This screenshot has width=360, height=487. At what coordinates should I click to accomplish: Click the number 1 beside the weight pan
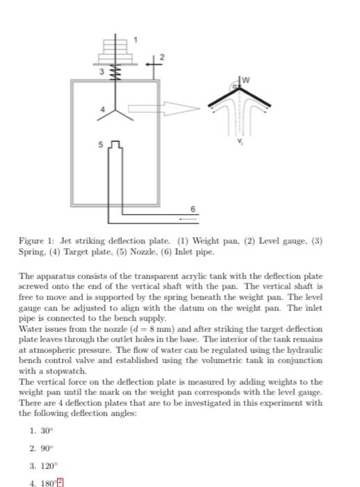coord(136,40)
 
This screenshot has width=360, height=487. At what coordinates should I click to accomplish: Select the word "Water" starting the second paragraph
coord(30,328)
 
